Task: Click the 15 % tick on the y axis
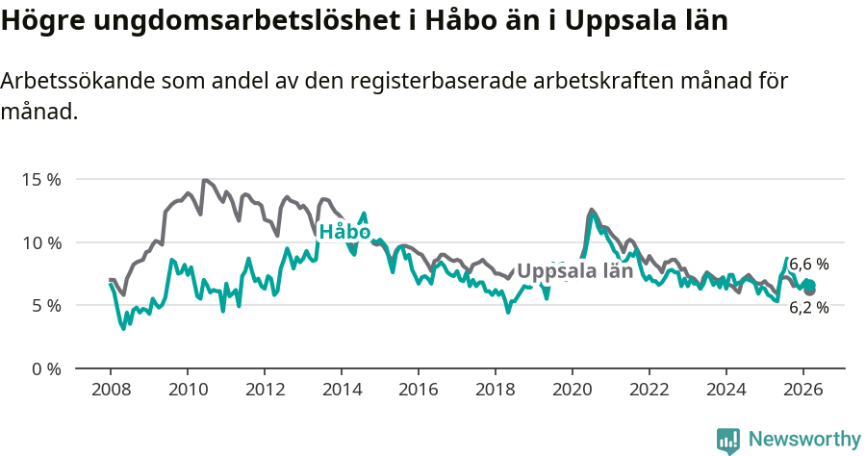(x=40, y=180)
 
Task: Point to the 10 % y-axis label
(x=40, y=242)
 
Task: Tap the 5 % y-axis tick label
(x=45, y=306)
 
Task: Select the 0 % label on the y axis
(x=45, y=368)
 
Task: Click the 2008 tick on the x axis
(x=110, y=390)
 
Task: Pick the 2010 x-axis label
(x=187, y=390)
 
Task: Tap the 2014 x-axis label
(x=341, y=390)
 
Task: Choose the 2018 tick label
(x=495, y=390)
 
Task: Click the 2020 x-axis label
(x=572, y=390)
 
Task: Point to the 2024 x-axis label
(x=726, y=390)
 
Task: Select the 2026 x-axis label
(x=802, y=390)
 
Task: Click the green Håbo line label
(x=344, y=232)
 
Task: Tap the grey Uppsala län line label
(x=575, y=270)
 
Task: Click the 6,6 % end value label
(x=809, y=264)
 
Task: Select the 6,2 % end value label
(x=809, y=308)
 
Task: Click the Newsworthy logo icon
(x=728, y=440)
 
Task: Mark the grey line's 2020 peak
(x=592, y=210)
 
